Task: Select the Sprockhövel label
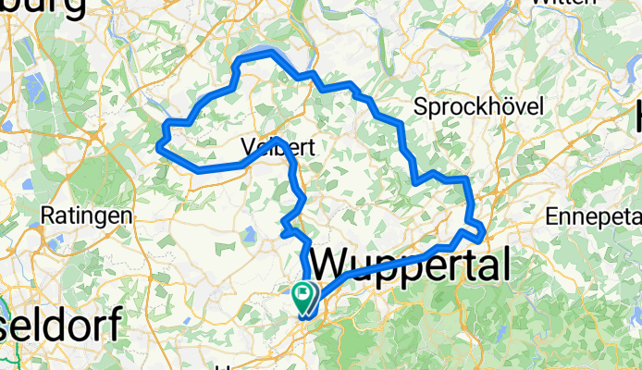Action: [x=477, y=106]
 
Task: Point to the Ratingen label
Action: [x=86, y=216]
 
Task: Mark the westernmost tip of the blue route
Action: [x=157, y=145]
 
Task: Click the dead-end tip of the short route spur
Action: [x=282, y=235]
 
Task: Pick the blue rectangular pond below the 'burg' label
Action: [x=31, y=92]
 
